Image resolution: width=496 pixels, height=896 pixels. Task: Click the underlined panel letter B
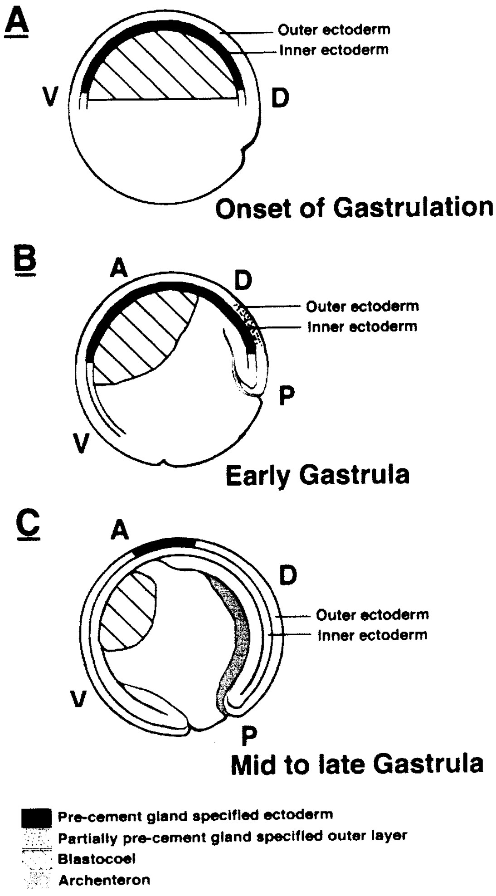(x=25, y=261)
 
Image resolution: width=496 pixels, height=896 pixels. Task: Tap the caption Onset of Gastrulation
(x=354, y=208)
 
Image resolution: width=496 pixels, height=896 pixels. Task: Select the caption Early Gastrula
(x=317, y=475)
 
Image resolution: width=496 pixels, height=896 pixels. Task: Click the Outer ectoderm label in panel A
(x=334, y=30)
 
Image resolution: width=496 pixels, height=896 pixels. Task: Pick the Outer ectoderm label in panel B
(x=362, y=307)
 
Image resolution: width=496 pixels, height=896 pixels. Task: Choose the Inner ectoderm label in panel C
(x=372, y=635)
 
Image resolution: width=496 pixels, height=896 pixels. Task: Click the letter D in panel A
(x=280, y=98)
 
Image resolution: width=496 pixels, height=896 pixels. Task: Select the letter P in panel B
(x=287, y=396)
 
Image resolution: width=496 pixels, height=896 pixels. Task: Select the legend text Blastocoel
(x=97, y=858)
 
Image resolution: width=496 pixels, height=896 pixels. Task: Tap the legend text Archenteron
(x=104, y=880)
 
